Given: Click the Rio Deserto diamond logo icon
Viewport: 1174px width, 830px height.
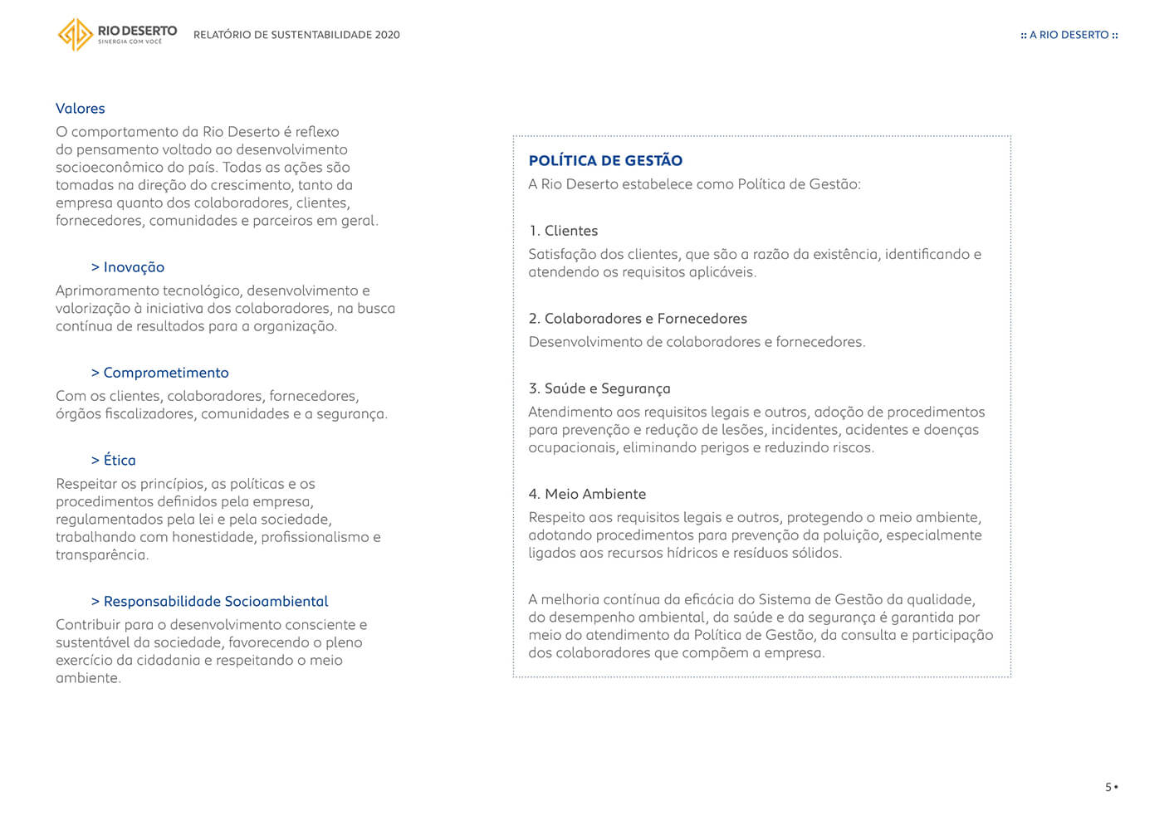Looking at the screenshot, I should tap(75, 34).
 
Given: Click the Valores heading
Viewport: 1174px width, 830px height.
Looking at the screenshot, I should tap(81, 109).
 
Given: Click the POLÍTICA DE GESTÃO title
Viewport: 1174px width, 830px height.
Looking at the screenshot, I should tap(605, 161).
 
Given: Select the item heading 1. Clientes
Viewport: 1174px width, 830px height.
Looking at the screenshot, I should tap(563, 231).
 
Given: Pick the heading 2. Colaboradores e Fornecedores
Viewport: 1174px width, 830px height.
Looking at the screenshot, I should tap(638, 319).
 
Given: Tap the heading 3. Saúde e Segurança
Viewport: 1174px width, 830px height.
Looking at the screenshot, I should tap(599, 388).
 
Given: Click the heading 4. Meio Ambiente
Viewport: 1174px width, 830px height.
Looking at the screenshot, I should tap(587, 494).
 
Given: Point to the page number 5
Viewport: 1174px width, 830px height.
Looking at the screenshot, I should tap(1108, 787).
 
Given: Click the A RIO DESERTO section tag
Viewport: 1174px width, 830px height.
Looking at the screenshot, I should tap(1069, 35).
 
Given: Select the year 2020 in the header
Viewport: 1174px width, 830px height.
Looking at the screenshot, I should tap(387, 35).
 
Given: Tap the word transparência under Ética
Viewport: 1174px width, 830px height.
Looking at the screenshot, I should tap(101, 555).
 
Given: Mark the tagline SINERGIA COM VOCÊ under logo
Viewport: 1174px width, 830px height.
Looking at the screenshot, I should tap(130, 41).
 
